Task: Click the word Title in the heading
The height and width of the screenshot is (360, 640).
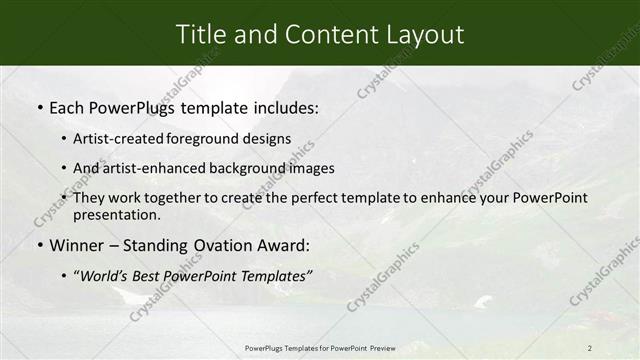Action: point(201,35)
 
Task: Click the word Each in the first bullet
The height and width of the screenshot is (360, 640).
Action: point(70,107)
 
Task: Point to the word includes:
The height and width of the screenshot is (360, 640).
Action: point(283,107)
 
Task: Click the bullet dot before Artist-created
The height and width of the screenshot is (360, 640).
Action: point(63,139)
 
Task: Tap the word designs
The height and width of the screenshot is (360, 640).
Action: point(264,139)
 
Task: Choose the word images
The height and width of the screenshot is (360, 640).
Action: point(309,168)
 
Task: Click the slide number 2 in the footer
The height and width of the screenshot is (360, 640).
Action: point(590,348)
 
